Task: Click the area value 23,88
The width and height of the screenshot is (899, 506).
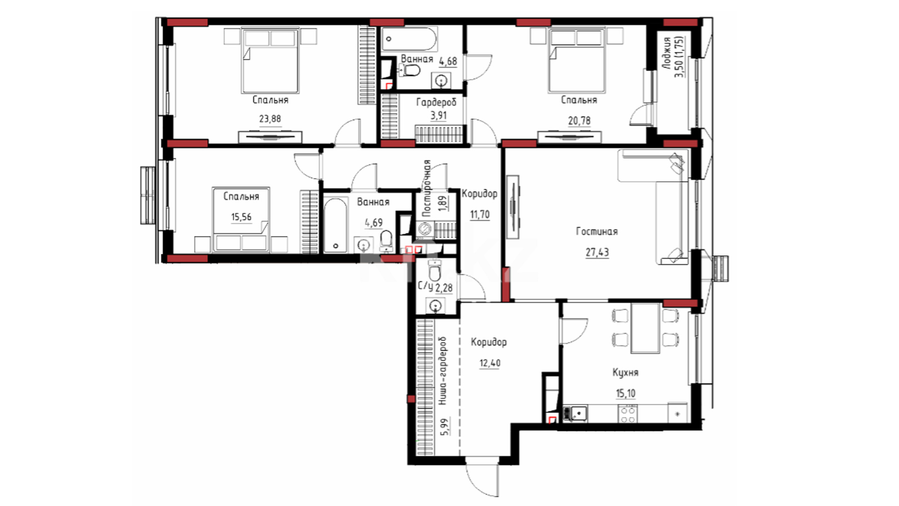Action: tap(270, 119)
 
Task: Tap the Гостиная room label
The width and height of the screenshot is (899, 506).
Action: tap(597, 231)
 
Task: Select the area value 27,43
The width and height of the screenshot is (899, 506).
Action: tap(597, 253)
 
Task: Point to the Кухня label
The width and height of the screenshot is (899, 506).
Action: tap(626, 372)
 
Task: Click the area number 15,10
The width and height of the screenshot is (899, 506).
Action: tap(626, 394)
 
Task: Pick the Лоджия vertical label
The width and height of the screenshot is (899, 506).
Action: tap(667, 54)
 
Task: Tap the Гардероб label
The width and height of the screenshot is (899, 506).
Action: tap(436, 102)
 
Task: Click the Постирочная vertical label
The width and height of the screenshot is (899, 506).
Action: tap(426, 188)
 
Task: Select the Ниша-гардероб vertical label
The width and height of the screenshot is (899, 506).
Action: tap(443, 371)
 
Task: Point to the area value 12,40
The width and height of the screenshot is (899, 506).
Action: tap(489, 363)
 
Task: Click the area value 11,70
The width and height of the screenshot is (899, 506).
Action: tap(480, 215)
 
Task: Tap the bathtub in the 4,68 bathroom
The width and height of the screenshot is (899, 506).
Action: tap(409, 39)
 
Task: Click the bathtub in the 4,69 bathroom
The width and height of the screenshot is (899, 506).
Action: tap(335, 225)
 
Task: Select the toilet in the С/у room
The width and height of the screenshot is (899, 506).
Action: tap(435, 271)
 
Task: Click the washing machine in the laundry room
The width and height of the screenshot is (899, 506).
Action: tap(425, 229)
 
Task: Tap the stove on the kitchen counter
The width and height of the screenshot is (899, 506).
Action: tap(627, 414)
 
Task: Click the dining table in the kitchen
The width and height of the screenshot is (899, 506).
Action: tap(645, 328)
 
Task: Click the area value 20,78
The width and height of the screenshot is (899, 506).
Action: tap(579, 121)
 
